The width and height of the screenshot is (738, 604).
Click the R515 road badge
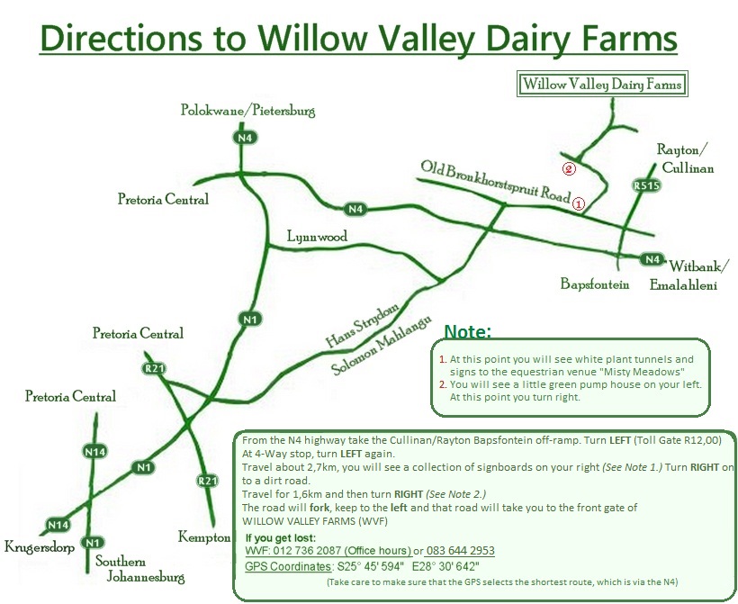[x=647, y=185]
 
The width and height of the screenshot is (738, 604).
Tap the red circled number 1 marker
[x=579, y=203]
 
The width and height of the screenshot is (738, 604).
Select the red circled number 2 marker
[x=569, y=168]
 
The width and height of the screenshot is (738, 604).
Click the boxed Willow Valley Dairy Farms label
[x=602, y=85]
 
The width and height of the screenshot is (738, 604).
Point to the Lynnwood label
[x=317, y=237]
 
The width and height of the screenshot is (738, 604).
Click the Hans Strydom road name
[x=362, y=325]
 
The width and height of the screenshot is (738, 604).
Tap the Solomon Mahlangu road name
[x=381, y=346]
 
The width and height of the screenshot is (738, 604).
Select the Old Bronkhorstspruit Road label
[x=495, y=181]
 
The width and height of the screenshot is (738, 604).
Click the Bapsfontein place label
[x=594, y=284]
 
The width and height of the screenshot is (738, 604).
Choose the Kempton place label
[x=204, y=537]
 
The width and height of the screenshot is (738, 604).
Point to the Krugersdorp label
[x=40, y=547]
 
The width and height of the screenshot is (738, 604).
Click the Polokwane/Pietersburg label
[x=248, y=110]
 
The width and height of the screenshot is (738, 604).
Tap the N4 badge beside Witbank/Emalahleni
[x=652, y=259]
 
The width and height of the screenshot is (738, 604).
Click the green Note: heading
[x=467, y=331]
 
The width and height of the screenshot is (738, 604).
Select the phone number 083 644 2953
[x=460, y=551]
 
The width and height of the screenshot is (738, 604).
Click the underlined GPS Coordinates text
[x=289, y=566]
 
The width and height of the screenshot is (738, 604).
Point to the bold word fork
[x=319, y=508]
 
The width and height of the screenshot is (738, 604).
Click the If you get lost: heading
[x=281, y=538]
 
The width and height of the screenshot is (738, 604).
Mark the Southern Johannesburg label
[x=139, y=569]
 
